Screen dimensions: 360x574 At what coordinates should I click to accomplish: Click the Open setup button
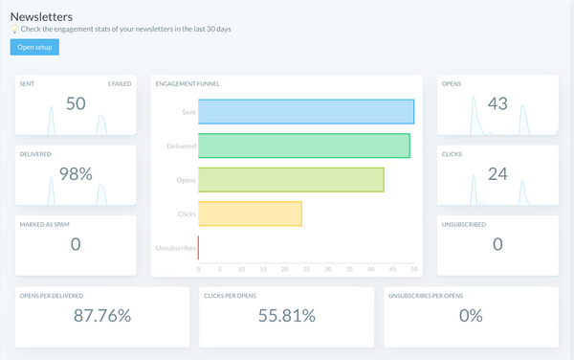(34, 47)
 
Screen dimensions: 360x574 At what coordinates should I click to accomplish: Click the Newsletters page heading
(42, 15)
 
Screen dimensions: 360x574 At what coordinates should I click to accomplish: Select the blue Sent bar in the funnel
(306, 111)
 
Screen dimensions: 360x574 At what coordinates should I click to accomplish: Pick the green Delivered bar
(303, 146)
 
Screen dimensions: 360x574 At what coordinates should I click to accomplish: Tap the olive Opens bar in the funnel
(291, 180)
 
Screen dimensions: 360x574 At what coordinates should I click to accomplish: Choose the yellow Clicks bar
(250, 214)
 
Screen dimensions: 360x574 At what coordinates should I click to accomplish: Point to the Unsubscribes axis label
(176, 248)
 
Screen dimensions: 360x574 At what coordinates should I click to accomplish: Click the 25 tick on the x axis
(306, 270)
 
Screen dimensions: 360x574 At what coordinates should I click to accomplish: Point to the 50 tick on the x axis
(414, 270)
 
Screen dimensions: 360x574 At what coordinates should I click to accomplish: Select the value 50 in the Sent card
(76, 103)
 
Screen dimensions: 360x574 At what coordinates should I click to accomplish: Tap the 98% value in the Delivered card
(76, 173)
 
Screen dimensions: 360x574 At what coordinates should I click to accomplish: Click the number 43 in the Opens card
(497, 103)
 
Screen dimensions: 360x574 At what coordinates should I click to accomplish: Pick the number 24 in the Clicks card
(497, 173)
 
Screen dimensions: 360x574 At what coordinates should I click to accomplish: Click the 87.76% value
(101, 315)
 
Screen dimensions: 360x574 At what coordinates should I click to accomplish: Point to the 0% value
(470, 315)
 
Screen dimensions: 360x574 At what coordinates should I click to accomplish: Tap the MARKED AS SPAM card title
(42, 224)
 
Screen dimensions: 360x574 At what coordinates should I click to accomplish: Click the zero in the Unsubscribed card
(497, 243)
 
